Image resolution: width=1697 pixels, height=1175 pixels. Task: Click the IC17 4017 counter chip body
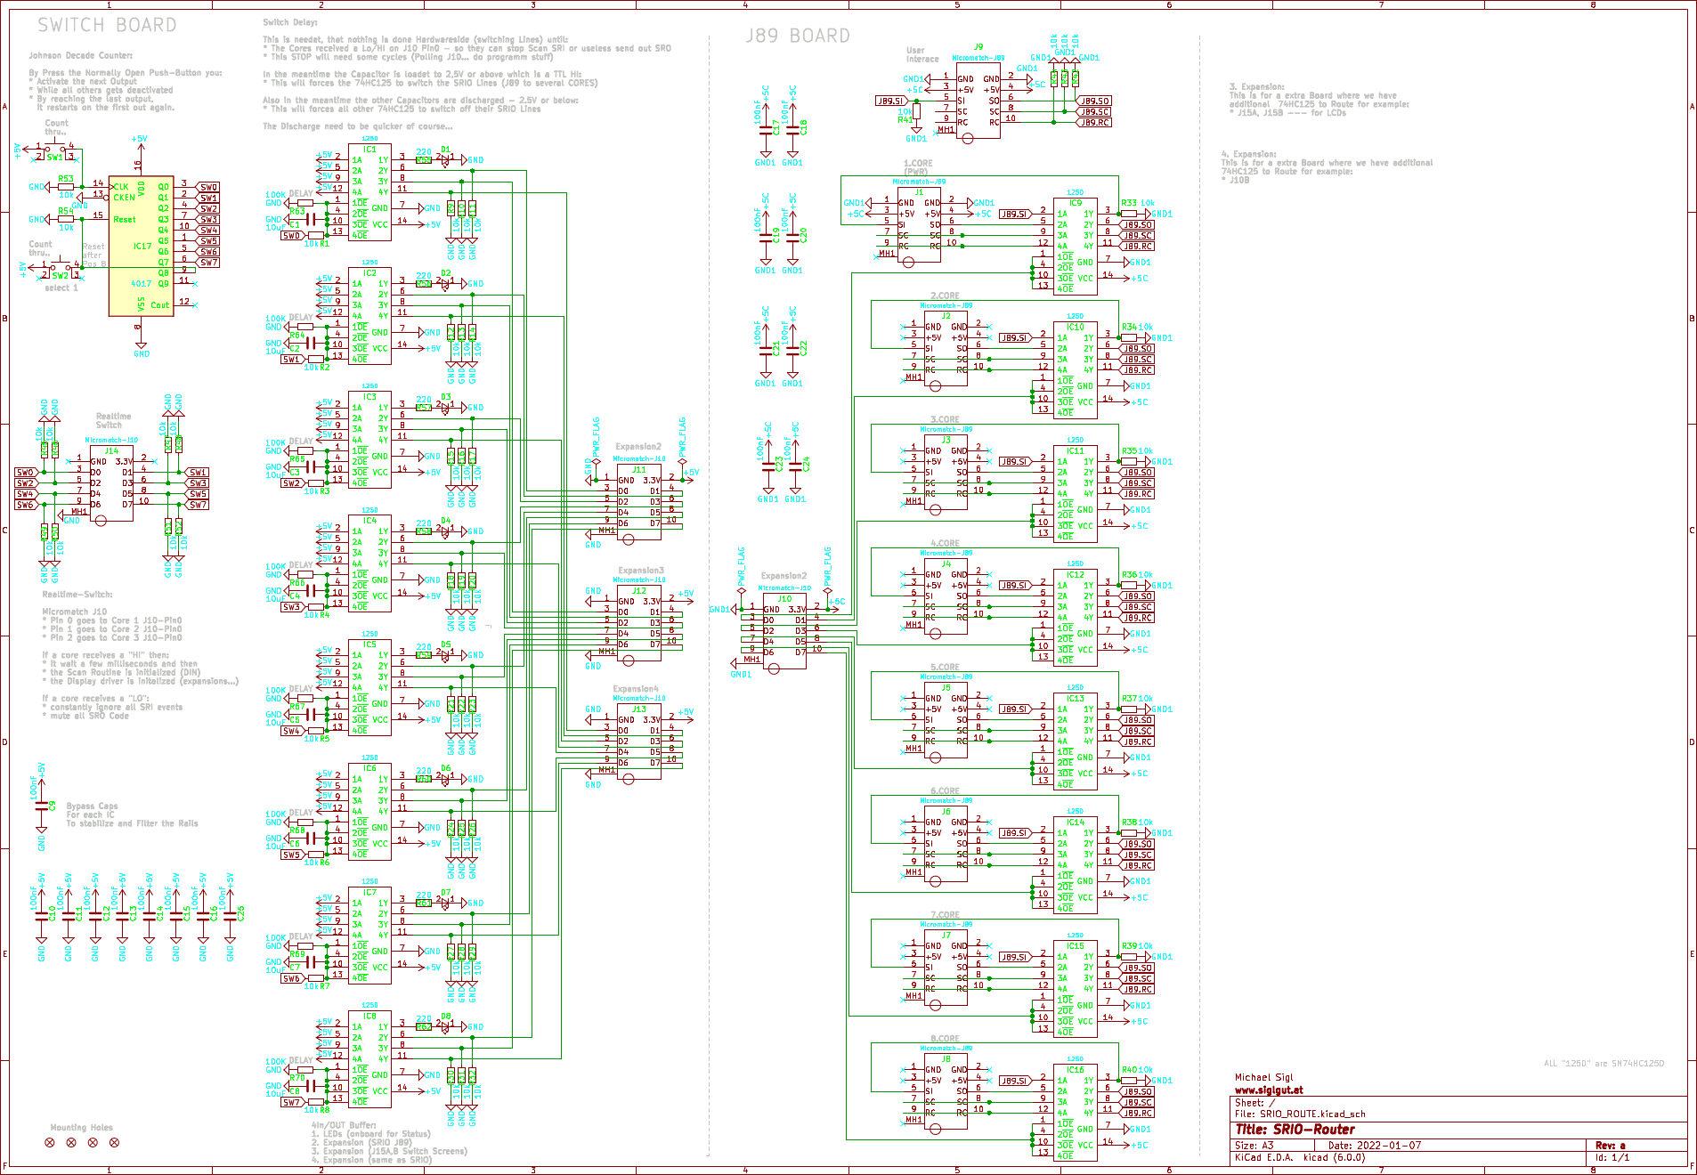click(x=141, y=245)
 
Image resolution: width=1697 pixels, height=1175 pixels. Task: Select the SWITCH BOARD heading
click(x=107, y=25)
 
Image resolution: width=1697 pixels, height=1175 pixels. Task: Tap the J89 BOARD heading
click(x=798, y=36)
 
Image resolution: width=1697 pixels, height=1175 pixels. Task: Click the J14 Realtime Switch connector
click(x=111, y=488)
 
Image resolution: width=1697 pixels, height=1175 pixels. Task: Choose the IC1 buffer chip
click(x=369, y=191)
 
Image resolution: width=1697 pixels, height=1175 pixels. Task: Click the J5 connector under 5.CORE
click(x=946, y=721)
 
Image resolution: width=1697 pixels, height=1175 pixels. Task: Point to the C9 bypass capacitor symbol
click(x=41, y=806)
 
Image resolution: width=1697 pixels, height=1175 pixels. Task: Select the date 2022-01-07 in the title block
click(x=1390, y=1146)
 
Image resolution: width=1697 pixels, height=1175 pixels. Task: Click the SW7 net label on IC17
click(x=207, y=263)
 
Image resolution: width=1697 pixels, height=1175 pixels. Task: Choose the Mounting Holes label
click(x=81, y=1127)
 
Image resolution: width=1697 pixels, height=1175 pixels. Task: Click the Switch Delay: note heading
click(x=290, y=22)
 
